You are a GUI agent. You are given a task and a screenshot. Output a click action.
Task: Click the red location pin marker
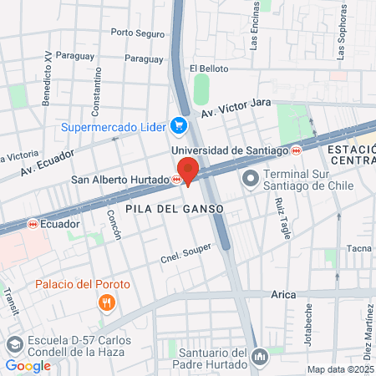187,170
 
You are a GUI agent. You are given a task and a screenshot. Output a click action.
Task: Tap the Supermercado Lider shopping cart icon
177,125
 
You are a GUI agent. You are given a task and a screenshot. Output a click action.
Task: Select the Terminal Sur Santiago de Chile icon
250,179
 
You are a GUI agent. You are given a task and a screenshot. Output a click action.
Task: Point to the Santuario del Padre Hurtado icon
260,357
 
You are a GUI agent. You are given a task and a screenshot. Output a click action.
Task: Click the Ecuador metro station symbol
33,224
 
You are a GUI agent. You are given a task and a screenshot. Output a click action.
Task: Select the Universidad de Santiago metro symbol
297,151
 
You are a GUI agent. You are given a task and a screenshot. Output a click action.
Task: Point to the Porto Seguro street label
138,33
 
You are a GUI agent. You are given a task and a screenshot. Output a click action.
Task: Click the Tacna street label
358,248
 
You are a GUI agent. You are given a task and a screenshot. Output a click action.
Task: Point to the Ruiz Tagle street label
282,217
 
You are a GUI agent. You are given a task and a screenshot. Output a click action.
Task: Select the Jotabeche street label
309,323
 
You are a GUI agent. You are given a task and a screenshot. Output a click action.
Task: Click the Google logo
28,365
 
